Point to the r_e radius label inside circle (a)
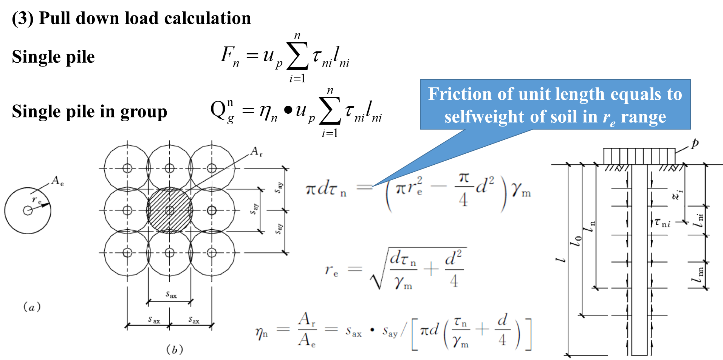point(37,200)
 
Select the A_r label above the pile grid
point(256,152)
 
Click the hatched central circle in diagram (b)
point(170,210)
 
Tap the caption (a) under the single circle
point(32,307)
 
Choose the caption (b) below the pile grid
point(175,349)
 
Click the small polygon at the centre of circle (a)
point(28,210)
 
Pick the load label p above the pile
point(695,144)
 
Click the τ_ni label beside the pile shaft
point(662,222)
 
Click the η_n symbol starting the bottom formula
point(262,332)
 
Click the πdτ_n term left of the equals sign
point(326,188)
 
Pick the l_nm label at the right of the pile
point(698,275)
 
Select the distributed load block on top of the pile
point(639,156)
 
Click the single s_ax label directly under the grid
point(171,294)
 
